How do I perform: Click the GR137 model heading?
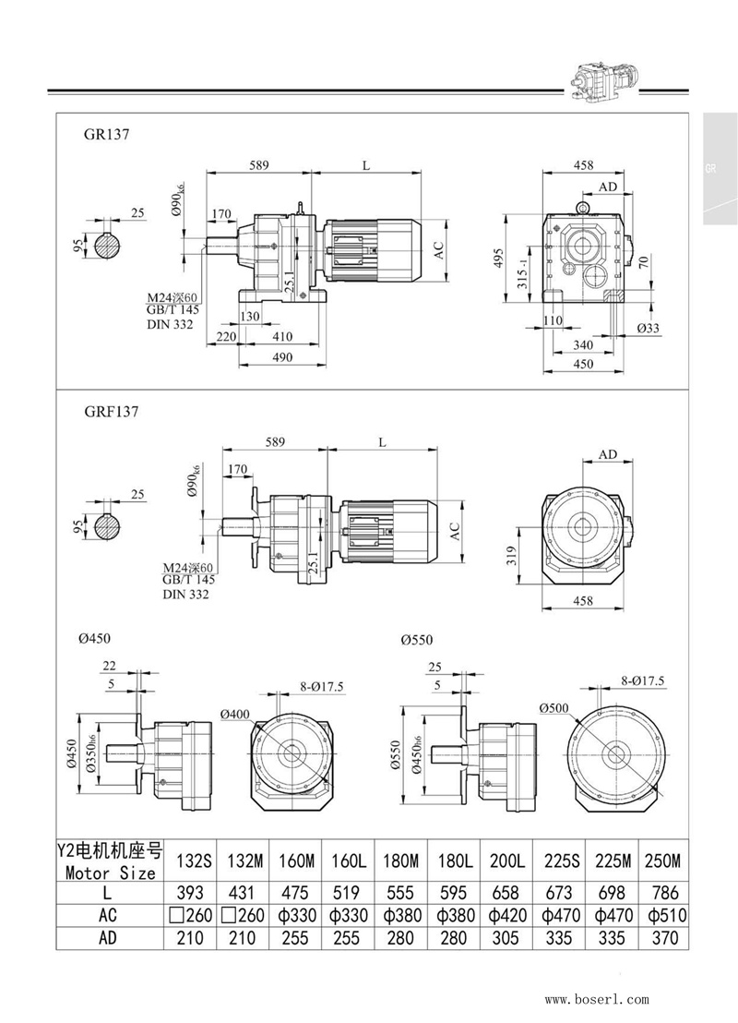[106, 133]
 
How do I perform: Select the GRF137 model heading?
[111, 412]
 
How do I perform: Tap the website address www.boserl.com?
[597, 999]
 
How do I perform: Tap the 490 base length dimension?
[281, 357]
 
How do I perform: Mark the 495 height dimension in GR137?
[499, 256]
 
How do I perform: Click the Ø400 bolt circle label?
[236, 713]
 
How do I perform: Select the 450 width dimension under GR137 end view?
[582, 364]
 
